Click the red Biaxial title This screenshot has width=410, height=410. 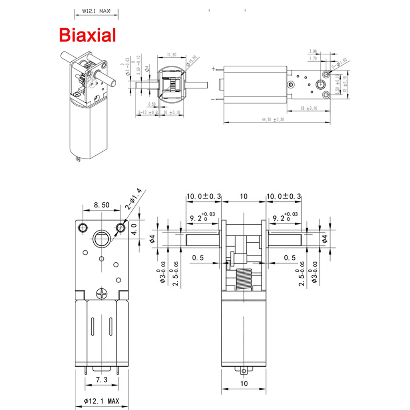coord(88,35)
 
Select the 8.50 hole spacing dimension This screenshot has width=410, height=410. coord(102,205)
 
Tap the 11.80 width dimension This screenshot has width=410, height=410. coord(171,54)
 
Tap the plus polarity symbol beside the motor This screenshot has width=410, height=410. coord(213,68)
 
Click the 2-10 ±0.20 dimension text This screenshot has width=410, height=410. coord(148,113)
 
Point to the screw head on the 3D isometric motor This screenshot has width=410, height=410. coord(76,94)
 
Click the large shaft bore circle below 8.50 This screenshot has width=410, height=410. coord(101,239)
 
